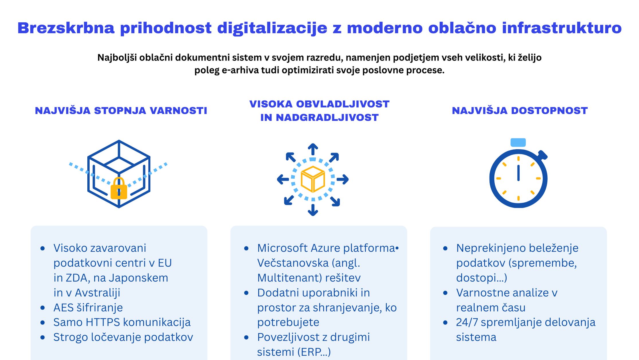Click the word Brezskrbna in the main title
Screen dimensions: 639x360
(66, 28)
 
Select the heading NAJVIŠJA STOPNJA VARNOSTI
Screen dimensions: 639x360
(121, 111)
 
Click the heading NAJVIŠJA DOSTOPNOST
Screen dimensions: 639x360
(520, 111)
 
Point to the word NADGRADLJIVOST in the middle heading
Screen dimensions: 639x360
(327, 118)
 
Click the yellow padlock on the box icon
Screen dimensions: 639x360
(119, 188)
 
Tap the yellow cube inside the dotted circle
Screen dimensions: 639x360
(313, 179)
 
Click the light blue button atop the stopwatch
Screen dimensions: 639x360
(518, 142)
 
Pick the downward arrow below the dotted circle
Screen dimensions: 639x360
(313, 210)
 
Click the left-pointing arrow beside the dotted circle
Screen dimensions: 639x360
(283, 180)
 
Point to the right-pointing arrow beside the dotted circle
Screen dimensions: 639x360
(343, 179)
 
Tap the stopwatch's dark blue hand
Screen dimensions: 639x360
(518, 173)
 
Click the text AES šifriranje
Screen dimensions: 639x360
(88, 308)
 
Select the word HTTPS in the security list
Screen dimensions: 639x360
(103, 322)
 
